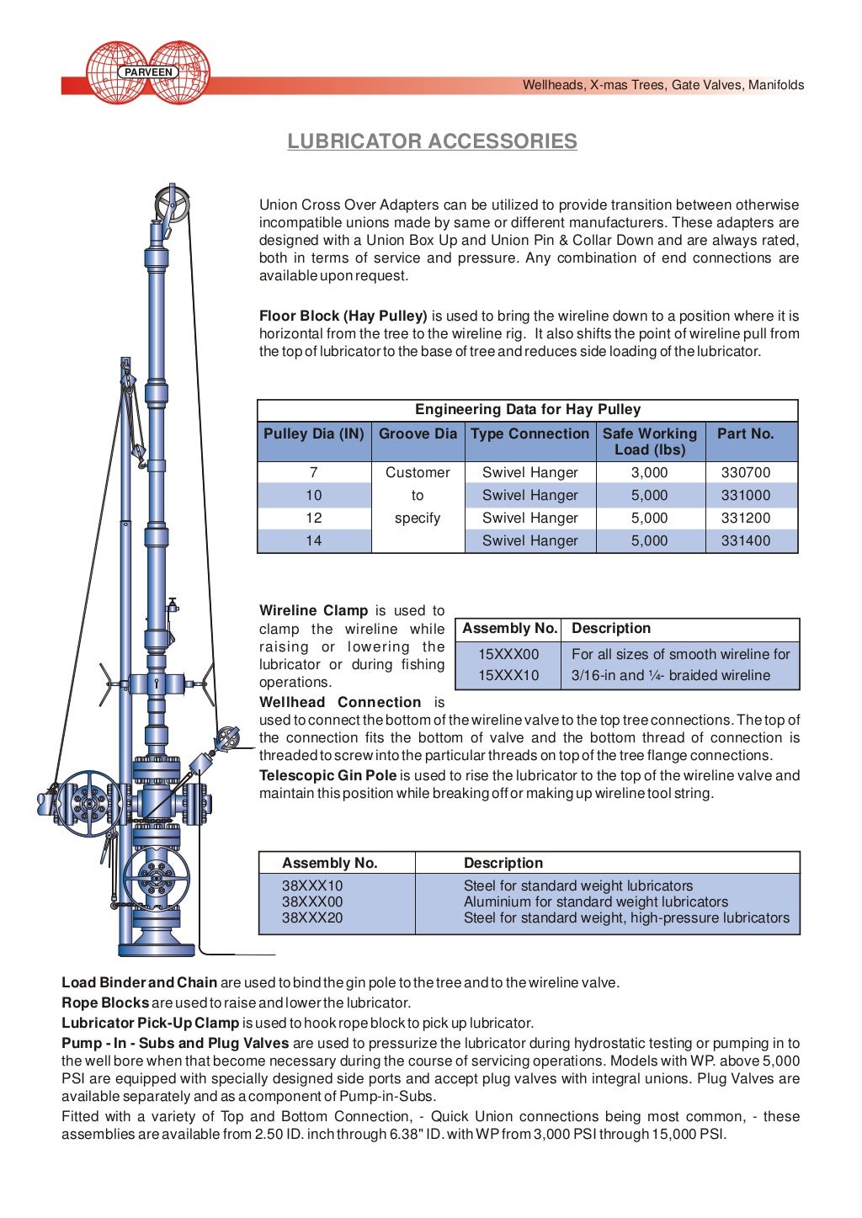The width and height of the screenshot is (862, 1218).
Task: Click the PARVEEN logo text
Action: tap(148, 72)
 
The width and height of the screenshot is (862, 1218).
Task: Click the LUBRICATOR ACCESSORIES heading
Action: tap(432, 141)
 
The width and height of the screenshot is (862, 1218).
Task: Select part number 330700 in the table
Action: tap(745, 473)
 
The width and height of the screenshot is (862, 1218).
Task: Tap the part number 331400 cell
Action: tap(745, 541)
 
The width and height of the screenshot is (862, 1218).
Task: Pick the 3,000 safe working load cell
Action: tap(649, 473)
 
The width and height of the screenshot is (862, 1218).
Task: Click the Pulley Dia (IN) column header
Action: tap(313, 434)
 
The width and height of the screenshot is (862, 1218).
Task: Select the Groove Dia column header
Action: tap(418, 434)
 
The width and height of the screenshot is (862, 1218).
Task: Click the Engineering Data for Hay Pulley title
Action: tap(527, 410)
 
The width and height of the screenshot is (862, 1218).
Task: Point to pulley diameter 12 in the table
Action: tap(313, 519)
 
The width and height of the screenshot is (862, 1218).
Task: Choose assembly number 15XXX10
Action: tap(508, 676)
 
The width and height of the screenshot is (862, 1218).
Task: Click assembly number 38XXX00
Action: tap(312, 902)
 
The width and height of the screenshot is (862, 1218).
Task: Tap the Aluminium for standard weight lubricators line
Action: tap(595, 902)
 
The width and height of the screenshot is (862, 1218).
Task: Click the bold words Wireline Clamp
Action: tap(313, 611)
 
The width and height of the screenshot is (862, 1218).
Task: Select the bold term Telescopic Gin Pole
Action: tap(327, 776)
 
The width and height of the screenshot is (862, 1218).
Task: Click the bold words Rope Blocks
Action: tap(105, 1003)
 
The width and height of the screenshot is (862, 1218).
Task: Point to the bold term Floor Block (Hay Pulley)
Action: tap(343, 316)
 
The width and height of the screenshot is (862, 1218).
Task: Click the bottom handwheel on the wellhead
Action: tap(156, 876)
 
